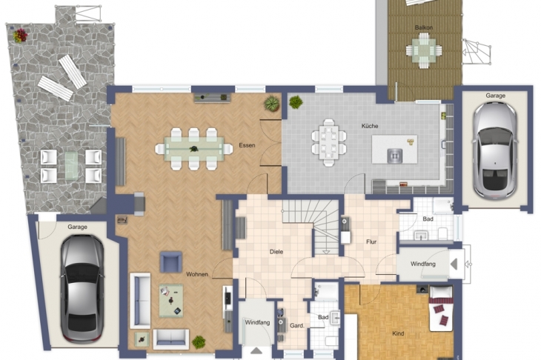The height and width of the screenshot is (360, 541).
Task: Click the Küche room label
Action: pyautogui.click(x=370, y=126)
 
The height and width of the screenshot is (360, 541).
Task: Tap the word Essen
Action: pyautogui.click(x=247, y=145)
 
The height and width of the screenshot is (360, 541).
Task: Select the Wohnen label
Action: pyautogui.click(x=197, y=274)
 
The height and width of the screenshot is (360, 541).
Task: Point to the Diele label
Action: pyautogui.click(x=276, y=252)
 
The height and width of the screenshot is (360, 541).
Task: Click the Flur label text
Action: pyautogui.click(x=371, y=241)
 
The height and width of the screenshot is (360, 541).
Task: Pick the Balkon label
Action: pyautogui.click(x=424, y=27)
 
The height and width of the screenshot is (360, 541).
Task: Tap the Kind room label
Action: pyautogui.click(x=398, y=333)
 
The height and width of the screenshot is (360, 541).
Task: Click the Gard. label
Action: pyautogui.click(x=296, y=325)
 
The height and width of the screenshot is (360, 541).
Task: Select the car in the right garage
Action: pyautogui.click(x=495, y=150)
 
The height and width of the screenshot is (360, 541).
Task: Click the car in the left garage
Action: pyautogui.click(x=82, y=288)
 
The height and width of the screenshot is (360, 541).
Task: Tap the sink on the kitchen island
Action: pyautogui.click(x=395, y=156)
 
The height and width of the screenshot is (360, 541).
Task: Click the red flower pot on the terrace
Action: pyautogui.click(x=20, y=36)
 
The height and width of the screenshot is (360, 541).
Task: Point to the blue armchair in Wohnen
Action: pyautogui.click(x=170, y=262)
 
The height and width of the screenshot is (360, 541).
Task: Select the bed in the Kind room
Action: pyautogui.click(x=441, y=309)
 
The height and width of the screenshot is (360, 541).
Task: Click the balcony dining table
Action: pyautogui.click(x=423, y=50)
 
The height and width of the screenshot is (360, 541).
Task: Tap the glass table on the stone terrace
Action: pyautogui.click(x=71, y=166)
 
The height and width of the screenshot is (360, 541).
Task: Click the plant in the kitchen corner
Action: pyautogui.click(x=296, y=102)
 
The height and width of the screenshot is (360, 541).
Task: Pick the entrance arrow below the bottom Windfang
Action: pyautogui.click(x=256, y=350)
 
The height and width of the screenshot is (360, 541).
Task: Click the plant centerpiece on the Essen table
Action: pyautogui.click(x=193, y=149)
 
